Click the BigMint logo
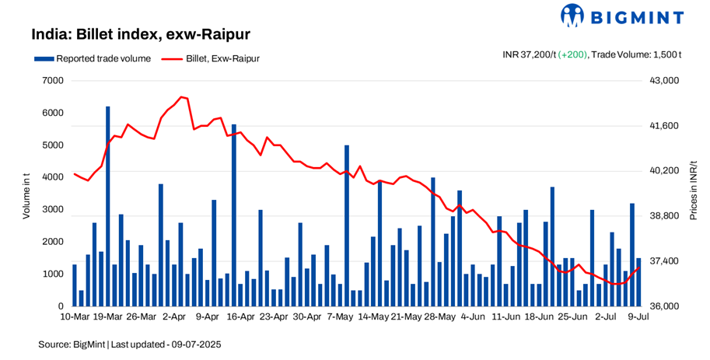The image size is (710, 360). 621,16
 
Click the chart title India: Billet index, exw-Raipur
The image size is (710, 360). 140,35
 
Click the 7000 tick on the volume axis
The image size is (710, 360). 52,80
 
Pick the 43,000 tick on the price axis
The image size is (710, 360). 664,81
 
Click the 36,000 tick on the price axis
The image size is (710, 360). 664,306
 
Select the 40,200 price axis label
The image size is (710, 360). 664,171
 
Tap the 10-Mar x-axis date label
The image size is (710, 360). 75,317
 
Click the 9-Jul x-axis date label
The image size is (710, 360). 638,317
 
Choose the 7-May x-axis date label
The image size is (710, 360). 340,317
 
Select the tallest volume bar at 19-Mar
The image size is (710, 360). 108,206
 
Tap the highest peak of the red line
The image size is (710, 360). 181,97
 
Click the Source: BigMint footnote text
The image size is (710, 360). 129,343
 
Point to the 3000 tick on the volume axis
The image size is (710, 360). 52,210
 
